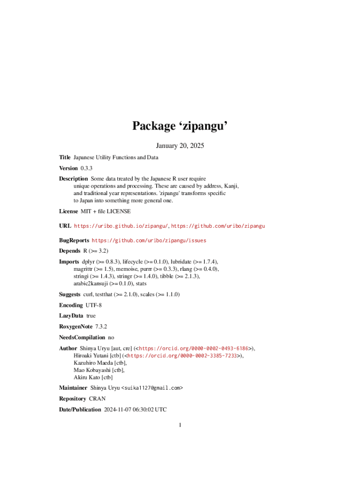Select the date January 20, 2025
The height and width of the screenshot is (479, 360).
pos(180,146)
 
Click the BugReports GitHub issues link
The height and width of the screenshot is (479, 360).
pos(149,240)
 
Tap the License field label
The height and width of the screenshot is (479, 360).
pos(68,211)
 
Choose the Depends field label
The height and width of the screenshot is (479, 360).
pos(69,251)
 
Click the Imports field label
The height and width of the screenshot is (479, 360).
pos(69,261)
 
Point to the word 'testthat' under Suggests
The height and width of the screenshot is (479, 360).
pos(106,294)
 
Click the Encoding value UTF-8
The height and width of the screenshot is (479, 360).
pos(94,305)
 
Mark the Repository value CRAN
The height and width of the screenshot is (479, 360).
pos(97,399)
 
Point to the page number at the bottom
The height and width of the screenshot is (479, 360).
pos(180,425)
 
